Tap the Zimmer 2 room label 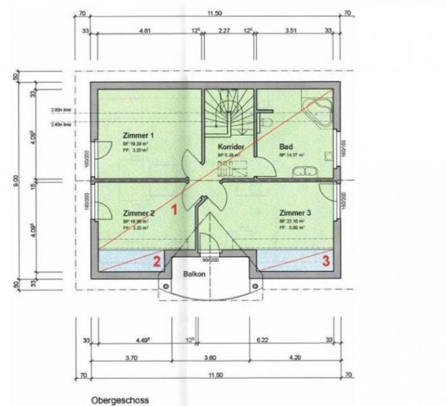click(138, 212)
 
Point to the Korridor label click(231, 146)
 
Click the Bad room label click(285, 146)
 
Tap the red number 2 click(157, 262)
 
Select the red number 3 click(325, 258)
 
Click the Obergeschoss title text click(120, 400)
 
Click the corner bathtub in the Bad click(316, 110)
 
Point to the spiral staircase click(229, 115)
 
